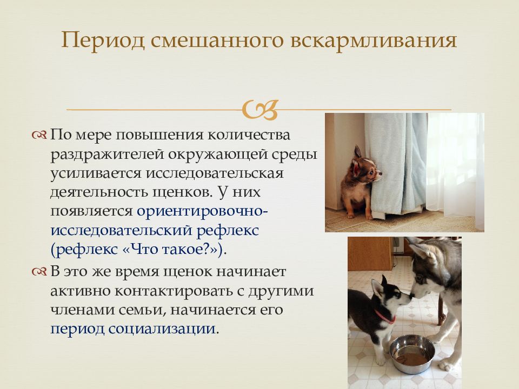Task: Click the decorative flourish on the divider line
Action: coord(260,110)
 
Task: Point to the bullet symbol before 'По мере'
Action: coord(39,135)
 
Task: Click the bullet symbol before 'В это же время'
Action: coord(39,272)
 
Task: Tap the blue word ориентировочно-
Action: coord(202,211)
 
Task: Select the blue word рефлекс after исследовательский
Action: coord(228,230)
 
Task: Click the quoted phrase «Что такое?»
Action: coord(172,249)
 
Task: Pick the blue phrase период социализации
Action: coord(133,329)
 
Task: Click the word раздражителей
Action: coord(107,155)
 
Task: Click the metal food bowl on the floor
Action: coord(412,354)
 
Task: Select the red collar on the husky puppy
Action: coord(385,317)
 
